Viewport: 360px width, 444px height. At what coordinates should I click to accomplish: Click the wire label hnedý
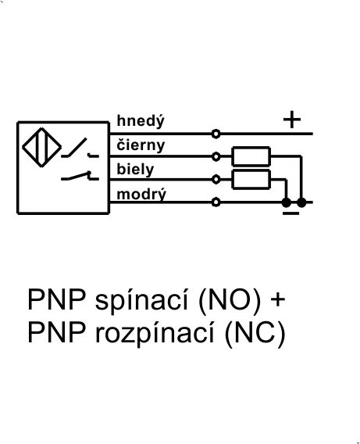pyautogui.click(x=141, y=121)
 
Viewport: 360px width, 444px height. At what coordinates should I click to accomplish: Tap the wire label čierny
pyautogui.click(x=141, y=145)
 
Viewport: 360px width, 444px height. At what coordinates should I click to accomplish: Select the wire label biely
pyautogui.click(x=135, y=170)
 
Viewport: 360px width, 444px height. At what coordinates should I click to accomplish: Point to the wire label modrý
pyautogui.click(x=141, y=194)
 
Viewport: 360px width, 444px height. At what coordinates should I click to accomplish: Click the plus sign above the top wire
pyautogui.click(x=292, y=120)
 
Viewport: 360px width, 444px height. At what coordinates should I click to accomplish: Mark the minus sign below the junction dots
pyautogui.click(x=290, y=213)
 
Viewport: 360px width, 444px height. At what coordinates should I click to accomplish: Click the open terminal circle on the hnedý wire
pyautogui.click(x=216, y=134)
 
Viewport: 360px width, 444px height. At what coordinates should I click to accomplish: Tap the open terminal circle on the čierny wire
pyautogui.click(x=216, y=156)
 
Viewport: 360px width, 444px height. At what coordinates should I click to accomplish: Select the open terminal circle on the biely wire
pyautogui.click(x=216, y=179)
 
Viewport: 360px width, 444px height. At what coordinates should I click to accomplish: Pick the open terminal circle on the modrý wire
pyautogui.click(x=216, y=202)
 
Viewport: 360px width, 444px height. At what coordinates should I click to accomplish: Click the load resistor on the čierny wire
pyautogui.click(x=251, y=156)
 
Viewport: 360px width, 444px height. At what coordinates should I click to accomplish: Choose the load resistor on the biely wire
pyautogui.click(x=251, y=179)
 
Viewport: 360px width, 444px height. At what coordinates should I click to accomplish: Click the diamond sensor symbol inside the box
pyautogui.click(x=42, y=147)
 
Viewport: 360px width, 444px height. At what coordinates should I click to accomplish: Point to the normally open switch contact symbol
pyautogui.click(x=80, y=148)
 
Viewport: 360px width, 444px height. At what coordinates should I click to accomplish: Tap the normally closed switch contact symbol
pyautogui.click(x=80, y=176)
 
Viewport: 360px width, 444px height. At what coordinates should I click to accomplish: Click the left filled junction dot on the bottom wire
pyautogui.click(x=286, y=202)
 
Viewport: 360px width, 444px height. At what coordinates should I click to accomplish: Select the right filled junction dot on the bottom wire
pyautogui.click(x=301, y=202)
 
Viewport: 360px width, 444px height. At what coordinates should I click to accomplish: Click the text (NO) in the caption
pyautogui.click(x=230, y=301)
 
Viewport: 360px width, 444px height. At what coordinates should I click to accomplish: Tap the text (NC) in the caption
pyautogui.click(x=255, y=333)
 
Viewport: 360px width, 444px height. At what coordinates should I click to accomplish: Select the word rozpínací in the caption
pyautogui.click(x=155, y=333)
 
